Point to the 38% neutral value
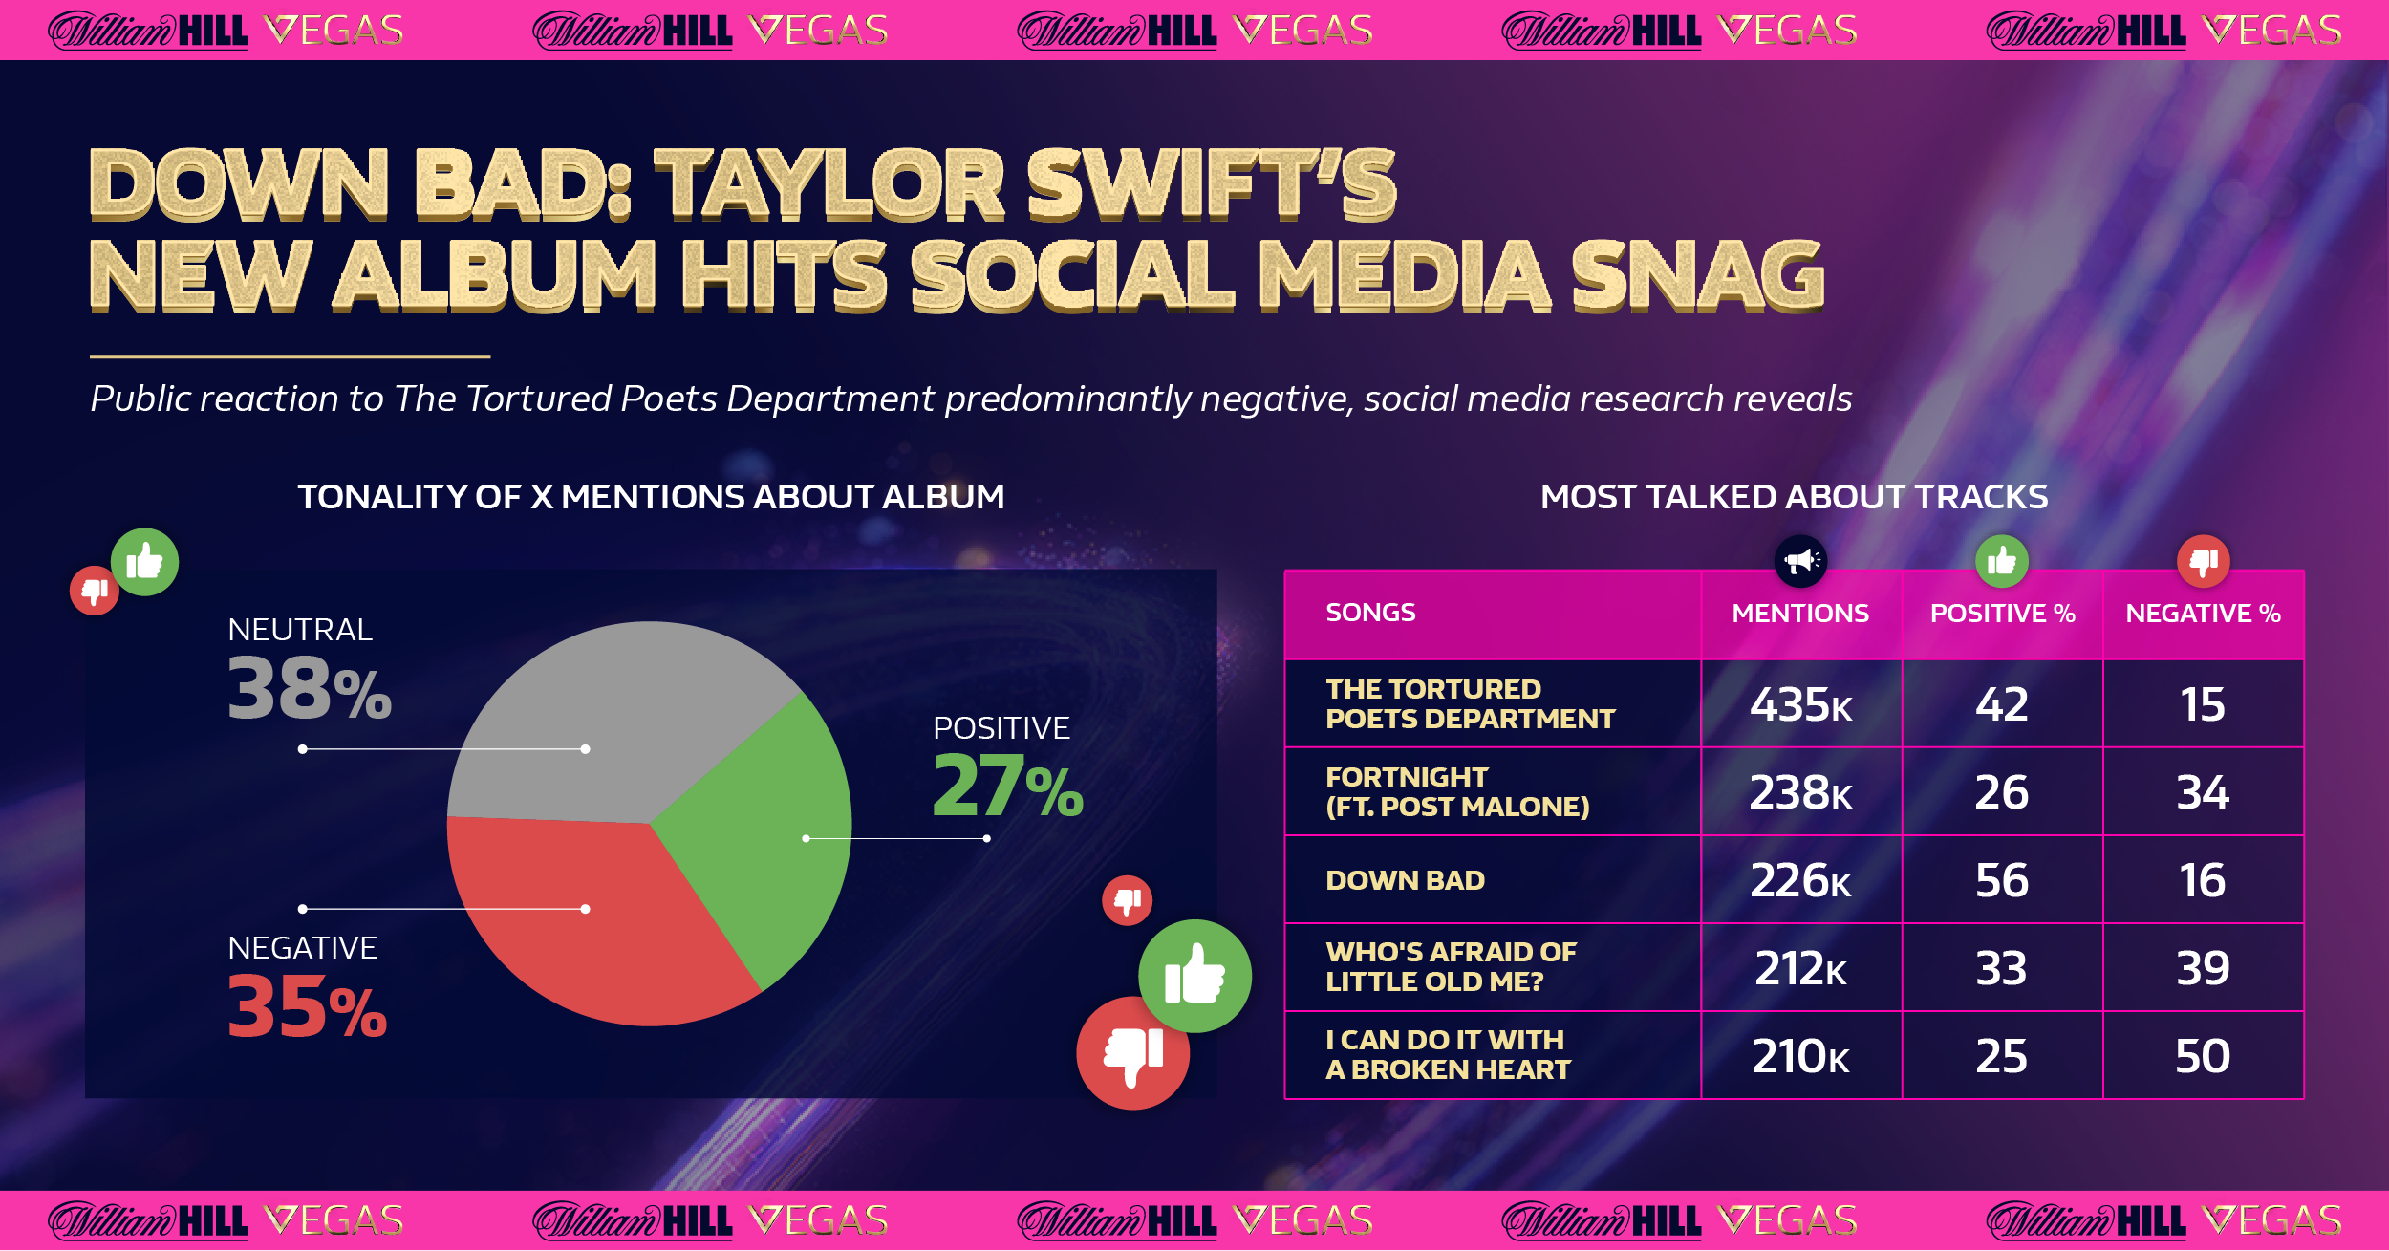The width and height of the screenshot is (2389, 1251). (310, 688)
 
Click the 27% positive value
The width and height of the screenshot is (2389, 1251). (1007, 786)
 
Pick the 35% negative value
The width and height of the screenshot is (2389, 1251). (307, 1006)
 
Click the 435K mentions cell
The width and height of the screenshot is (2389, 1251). (1800, 704)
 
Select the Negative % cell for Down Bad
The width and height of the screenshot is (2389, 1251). (2203, 880)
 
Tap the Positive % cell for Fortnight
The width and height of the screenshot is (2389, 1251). (2002, 792)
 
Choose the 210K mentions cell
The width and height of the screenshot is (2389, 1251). (1800, 1056)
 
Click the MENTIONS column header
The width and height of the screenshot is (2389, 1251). (1800, 614)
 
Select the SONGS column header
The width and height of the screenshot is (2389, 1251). (1370, 613)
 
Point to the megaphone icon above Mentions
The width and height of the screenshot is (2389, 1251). (1801, 561)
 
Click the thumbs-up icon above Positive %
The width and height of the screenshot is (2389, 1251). (2002, 561)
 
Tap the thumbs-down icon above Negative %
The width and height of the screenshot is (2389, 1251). (2204, 561)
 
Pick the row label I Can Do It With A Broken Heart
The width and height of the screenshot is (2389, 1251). (1447, 1054)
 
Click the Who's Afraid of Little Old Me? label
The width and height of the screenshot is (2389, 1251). (1451, 966)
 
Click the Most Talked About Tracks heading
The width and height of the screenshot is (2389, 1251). (1794, 497)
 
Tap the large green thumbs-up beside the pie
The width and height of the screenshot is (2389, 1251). (1194, 976)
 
